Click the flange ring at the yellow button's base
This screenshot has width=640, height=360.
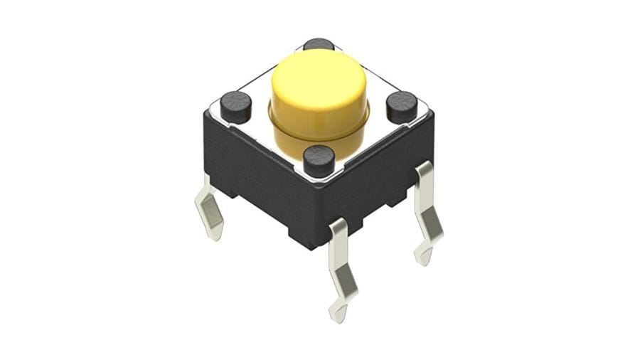(x=281, y=132)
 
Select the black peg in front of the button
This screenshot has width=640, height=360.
(x=319, y=160)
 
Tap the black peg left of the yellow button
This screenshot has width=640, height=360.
(x=235, y=106)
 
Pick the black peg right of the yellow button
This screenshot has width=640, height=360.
(x=402, y=106)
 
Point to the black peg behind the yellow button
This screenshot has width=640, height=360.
(x=318, y=44)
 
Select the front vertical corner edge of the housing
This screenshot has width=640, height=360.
(x=318, y=213)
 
